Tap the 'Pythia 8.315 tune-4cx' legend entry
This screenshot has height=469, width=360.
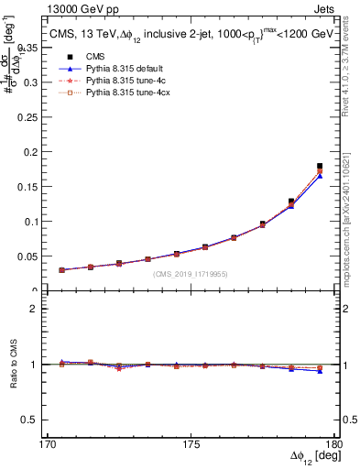[x=114, y=93]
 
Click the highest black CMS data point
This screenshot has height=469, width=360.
[x=320, y=166]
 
